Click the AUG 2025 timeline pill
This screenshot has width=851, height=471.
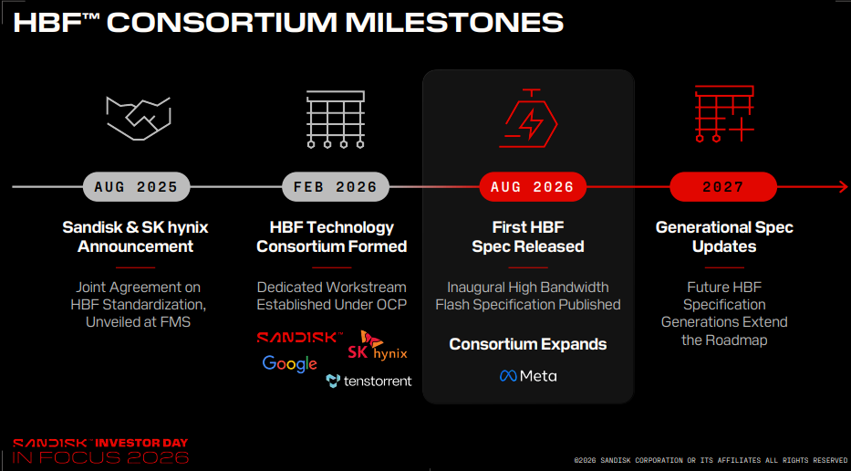pos(136,187)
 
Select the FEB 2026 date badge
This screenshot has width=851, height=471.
pos(336,187)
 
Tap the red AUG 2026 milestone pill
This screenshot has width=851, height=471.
pos(533,187)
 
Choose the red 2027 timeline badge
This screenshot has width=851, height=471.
pos(723,187)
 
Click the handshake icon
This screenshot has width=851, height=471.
pos(139,118)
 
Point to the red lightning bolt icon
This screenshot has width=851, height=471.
pos(529,119)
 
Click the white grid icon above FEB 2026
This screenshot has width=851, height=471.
pos(336,119)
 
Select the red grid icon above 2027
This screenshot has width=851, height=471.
pos(724,113)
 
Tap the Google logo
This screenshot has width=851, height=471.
pos(289,364)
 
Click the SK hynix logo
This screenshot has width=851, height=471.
pos(378,346)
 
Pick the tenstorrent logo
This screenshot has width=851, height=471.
pos(369,381)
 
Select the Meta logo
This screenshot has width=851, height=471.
pos(528,376)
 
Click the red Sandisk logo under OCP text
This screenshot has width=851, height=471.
pos(299,338)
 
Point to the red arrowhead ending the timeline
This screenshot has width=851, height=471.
pos(843,187)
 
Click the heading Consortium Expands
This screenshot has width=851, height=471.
pos(528,344)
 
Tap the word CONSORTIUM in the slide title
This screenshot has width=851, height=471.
pos(224,23)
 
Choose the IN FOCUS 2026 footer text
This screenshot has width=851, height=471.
pos(100,457)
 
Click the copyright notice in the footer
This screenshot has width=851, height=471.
pos(711,460)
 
